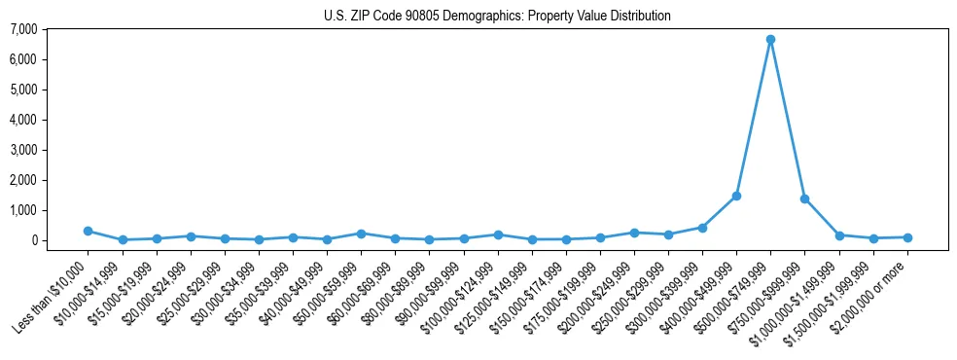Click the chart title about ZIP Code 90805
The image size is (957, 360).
coord(497,17)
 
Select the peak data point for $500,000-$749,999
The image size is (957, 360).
coord(770,40)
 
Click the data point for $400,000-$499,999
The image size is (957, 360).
coord(736,196)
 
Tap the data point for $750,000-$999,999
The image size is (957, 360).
coord(804,198)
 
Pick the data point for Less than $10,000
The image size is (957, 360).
coord(88,231)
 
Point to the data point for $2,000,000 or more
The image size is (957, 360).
coord(907,237)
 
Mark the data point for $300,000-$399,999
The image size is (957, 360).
coord(702,228)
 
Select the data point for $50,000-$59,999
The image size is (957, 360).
coord(361,234)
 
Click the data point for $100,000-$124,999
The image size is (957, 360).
coord(498,234)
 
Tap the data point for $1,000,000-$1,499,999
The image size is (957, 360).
coord(839,235)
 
